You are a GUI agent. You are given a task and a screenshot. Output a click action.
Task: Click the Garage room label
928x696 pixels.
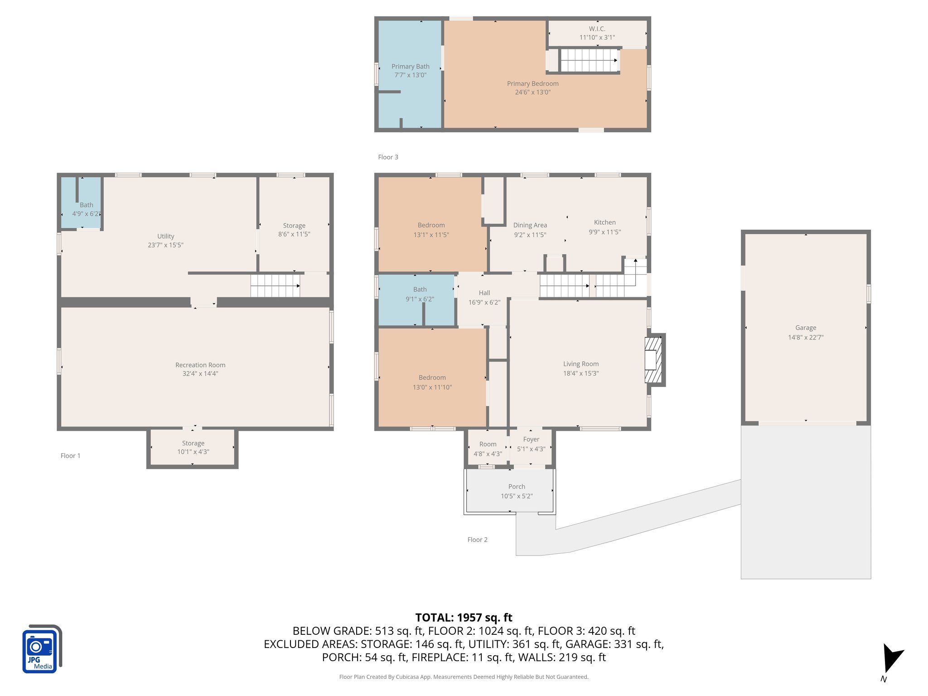click(x=805, y=328)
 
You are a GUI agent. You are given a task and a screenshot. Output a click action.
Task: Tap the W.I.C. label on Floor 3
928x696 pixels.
click(x=597, y=29)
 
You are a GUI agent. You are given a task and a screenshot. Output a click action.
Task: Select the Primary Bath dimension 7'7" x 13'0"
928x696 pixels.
click(x=410, y=75)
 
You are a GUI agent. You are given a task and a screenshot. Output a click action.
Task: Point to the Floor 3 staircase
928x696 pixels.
click(x=589, y=60)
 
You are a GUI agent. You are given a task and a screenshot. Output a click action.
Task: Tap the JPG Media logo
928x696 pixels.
click(x=41, y=649)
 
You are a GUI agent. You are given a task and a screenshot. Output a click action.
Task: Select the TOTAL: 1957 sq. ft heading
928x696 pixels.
click(x=464, y=618)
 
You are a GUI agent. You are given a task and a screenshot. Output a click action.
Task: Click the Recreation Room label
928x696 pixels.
click(x=200, y=365)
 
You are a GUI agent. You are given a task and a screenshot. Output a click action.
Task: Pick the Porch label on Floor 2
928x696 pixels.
click(x=517, y=487)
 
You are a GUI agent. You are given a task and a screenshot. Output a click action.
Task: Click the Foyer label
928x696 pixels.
click(x=531, y=440)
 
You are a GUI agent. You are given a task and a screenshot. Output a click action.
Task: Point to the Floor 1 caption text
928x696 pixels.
click(x=70, y=456)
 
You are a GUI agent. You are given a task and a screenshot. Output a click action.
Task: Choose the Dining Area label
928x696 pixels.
click(x=530, y=225)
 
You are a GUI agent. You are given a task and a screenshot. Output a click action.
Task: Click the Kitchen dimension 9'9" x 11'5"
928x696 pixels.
click(x=604, y=232)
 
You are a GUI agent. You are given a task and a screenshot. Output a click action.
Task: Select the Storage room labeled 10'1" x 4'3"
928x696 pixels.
click(x=193, y=447)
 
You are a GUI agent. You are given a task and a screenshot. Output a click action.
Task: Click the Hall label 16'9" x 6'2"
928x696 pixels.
click(x=484, y=298)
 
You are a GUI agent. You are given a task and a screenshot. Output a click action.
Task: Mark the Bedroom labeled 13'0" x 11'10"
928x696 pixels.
click(x=432, y=382)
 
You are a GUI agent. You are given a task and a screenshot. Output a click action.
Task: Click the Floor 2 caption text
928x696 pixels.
click(x=477, y=540)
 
